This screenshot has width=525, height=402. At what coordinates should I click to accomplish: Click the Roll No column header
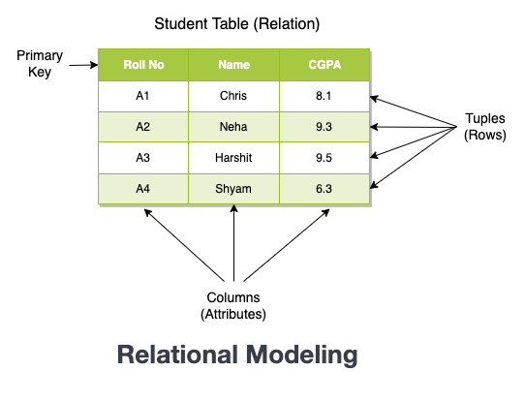pyautogui.click(x=143, y=66)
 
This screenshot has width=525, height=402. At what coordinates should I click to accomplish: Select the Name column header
pyautogui.click(x=234, y=66)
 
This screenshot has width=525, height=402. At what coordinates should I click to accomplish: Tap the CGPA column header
pyautogui.click(x=324, y=66)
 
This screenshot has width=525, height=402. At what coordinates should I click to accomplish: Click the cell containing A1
pyautogui.click(x=143, y=96)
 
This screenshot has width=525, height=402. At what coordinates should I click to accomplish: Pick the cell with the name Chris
pyautogui.click(x=234, y=96)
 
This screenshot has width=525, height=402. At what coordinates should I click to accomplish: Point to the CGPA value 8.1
pyautogui.click(x=324, y=96)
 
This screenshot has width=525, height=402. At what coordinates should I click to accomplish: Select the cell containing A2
pyautogui.click(x=143, y=127)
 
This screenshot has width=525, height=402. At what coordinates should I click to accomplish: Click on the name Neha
pyautogui.click(x=234, y=127)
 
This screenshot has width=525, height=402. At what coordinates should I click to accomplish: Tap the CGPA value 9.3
pyautogui.click(x=324, y=127)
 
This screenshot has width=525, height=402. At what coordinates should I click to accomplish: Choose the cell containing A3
pyautogui.click(x=143, y=157)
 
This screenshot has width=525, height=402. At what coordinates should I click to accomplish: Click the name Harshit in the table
pyautogui.click(x=234, y=157)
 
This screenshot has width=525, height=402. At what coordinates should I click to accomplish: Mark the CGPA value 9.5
pyautogui.click(x=324, y=157)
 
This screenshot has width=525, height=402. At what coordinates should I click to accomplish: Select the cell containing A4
pyautogui.click(x=143, y=188)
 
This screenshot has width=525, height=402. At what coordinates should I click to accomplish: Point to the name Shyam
pyautogui.click(x=234, y=188)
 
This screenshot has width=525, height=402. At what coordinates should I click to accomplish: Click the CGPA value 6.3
pyautogui.click(x=324, y=188)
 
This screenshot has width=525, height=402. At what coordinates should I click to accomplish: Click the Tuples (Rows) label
pyautogui.click(x=484, y=127)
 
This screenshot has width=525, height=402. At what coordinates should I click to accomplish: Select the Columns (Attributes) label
pyautogui.click(x=233, y=305)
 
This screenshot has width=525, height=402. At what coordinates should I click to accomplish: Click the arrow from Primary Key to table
pyautogui.click(x=83, y=66)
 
